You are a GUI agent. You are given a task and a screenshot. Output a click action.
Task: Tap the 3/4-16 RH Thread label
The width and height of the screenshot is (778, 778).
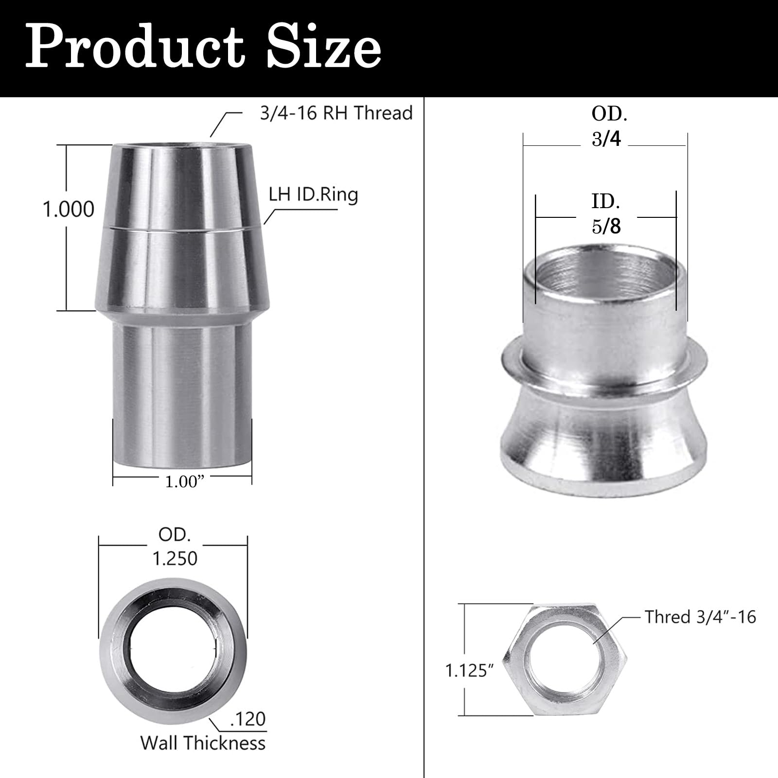tap(336, 113)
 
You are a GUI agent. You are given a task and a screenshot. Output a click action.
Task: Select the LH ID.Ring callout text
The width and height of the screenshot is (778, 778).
tap(314, 194)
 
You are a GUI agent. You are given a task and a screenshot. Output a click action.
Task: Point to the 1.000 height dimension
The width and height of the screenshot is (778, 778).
tap(69, 210)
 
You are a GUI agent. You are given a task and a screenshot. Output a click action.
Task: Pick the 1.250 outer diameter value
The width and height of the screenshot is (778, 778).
tap(175, 559)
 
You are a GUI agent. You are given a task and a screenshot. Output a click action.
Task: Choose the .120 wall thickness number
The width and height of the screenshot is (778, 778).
tap(248, 719)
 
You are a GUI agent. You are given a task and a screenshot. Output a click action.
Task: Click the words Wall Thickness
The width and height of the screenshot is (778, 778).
tap(203, 743)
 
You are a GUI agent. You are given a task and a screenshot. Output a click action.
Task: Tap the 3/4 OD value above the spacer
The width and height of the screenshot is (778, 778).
tap(606, 139)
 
